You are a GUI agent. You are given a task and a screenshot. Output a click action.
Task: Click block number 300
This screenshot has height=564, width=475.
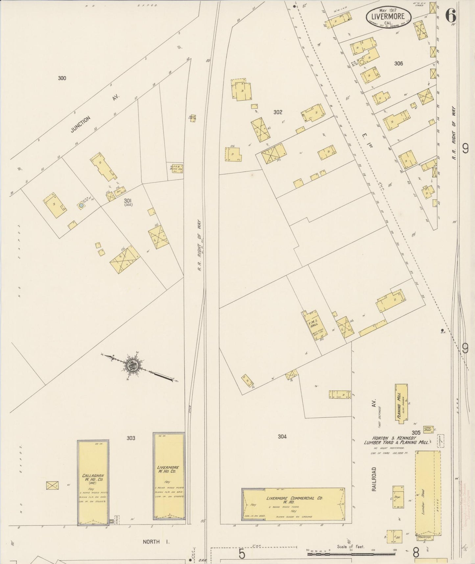[62, 78]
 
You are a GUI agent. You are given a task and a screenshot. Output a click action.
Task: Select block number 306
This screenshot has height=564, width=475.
[398, 63]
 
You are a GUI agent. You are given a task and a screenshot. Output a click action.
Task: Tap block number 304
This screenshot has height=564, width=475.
[282, 436]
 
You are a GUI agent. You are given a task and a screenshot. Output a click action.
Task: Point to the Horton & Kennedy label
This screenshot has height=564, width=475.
[389, 438]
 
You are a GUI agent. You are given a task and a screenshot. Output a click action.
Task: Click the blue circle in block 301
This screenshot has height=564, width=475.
[81, 205]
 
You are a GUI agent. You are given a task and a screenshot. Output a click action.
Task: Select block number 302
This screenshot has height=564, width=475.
[278, 112]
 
